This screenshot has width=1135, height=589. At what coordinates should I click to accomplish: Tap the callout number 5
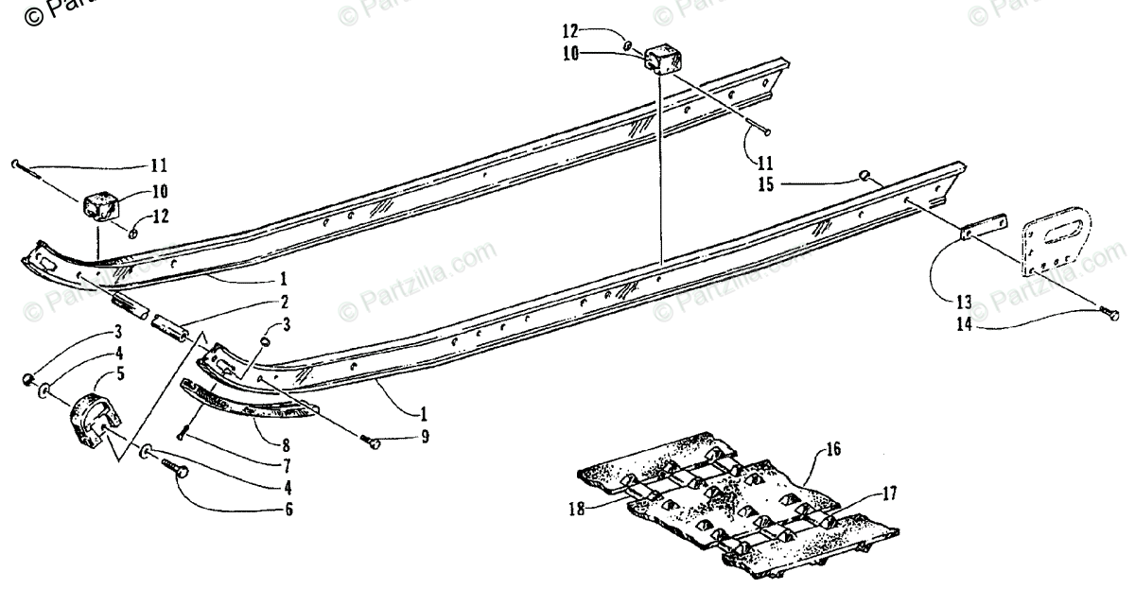tap(119, 373)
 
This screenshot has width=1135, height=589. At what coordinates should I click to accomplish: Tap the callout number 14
tap(964, 327)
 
